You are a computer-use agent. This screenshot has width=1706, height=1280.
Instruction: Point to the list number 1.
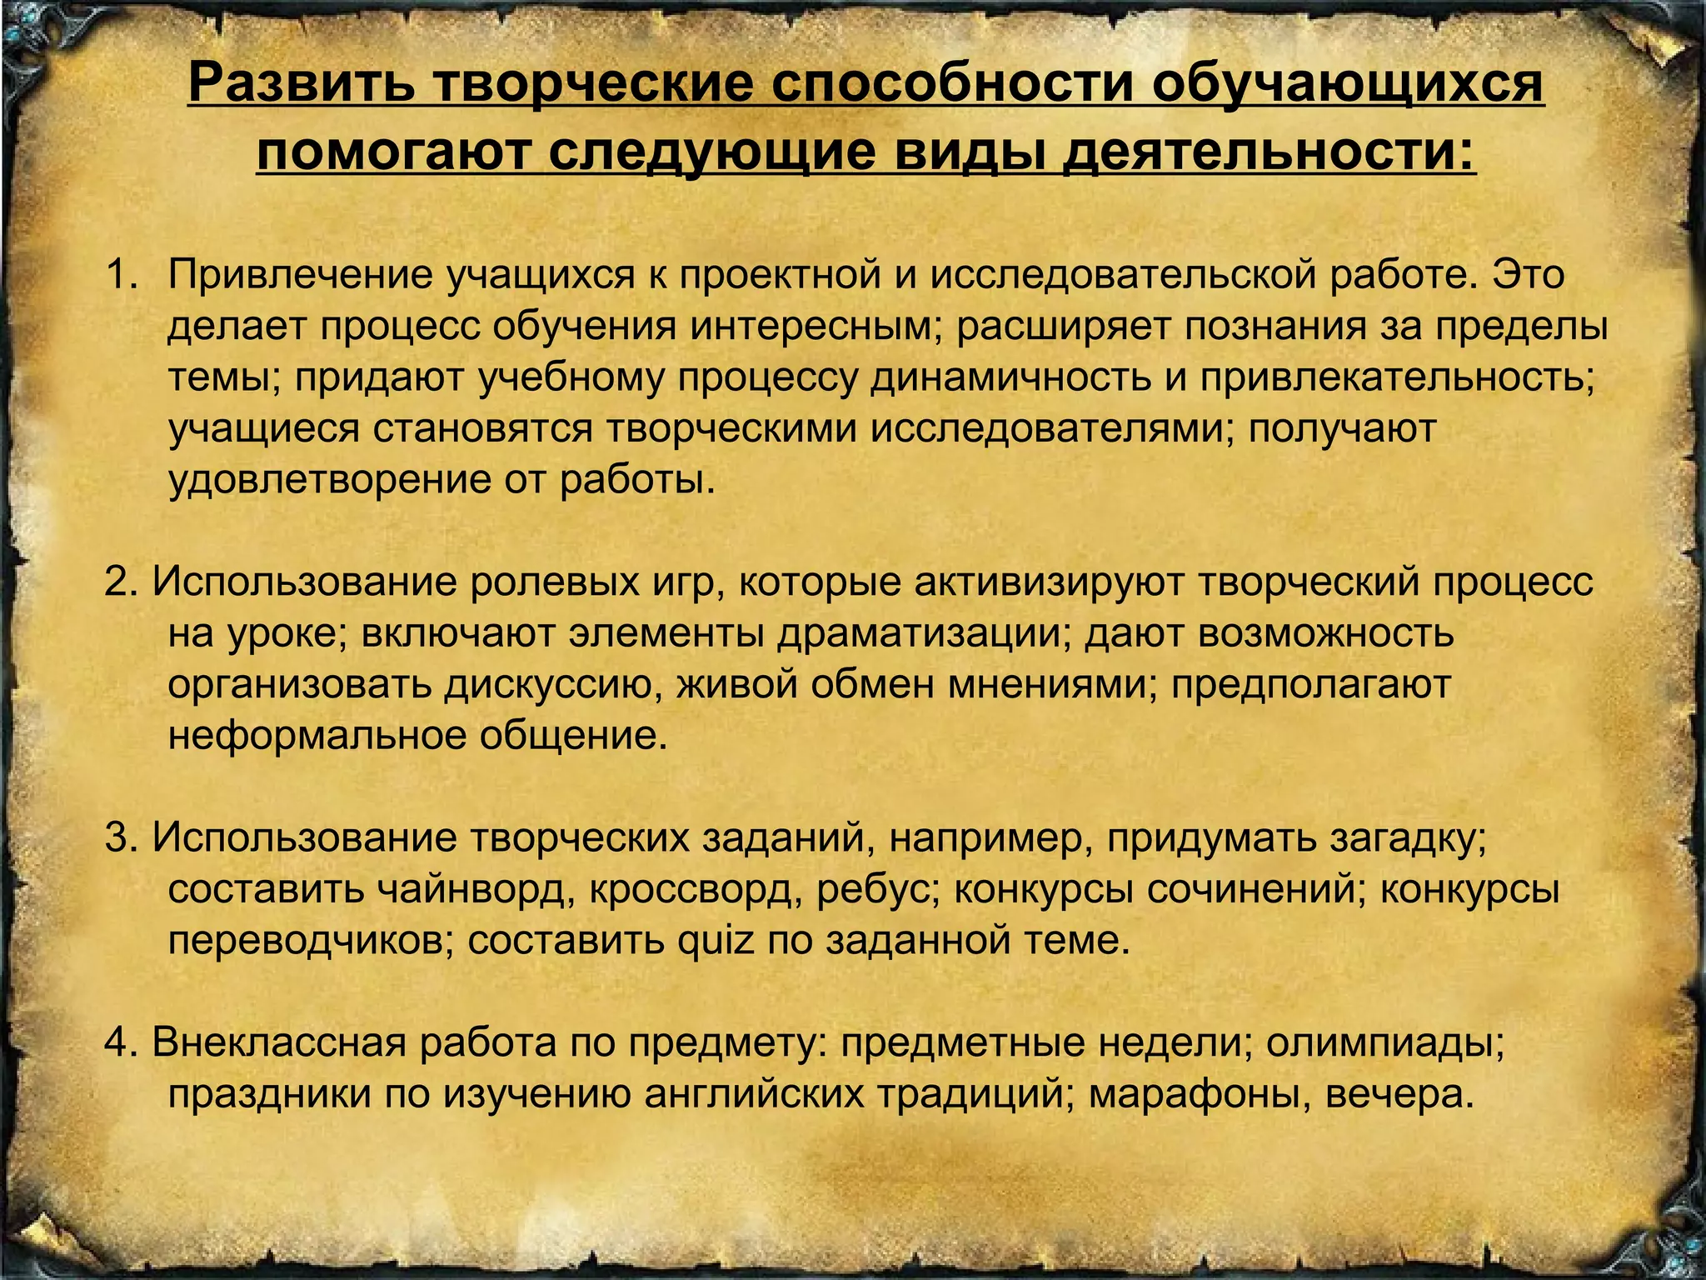[x=121, y=275]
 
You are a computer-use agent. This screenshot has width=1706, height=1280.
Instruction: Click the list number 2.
[x=121, y=582]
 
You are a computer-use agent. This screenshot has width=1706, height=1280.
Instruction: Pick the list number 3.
[x=121, y=837]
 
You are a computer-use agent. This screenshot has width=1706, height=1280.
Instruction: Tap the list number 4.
[x=121, y=1043]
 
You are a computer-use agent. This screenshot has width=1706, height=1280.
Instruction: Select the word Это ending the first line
[x=1527, y=275]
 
